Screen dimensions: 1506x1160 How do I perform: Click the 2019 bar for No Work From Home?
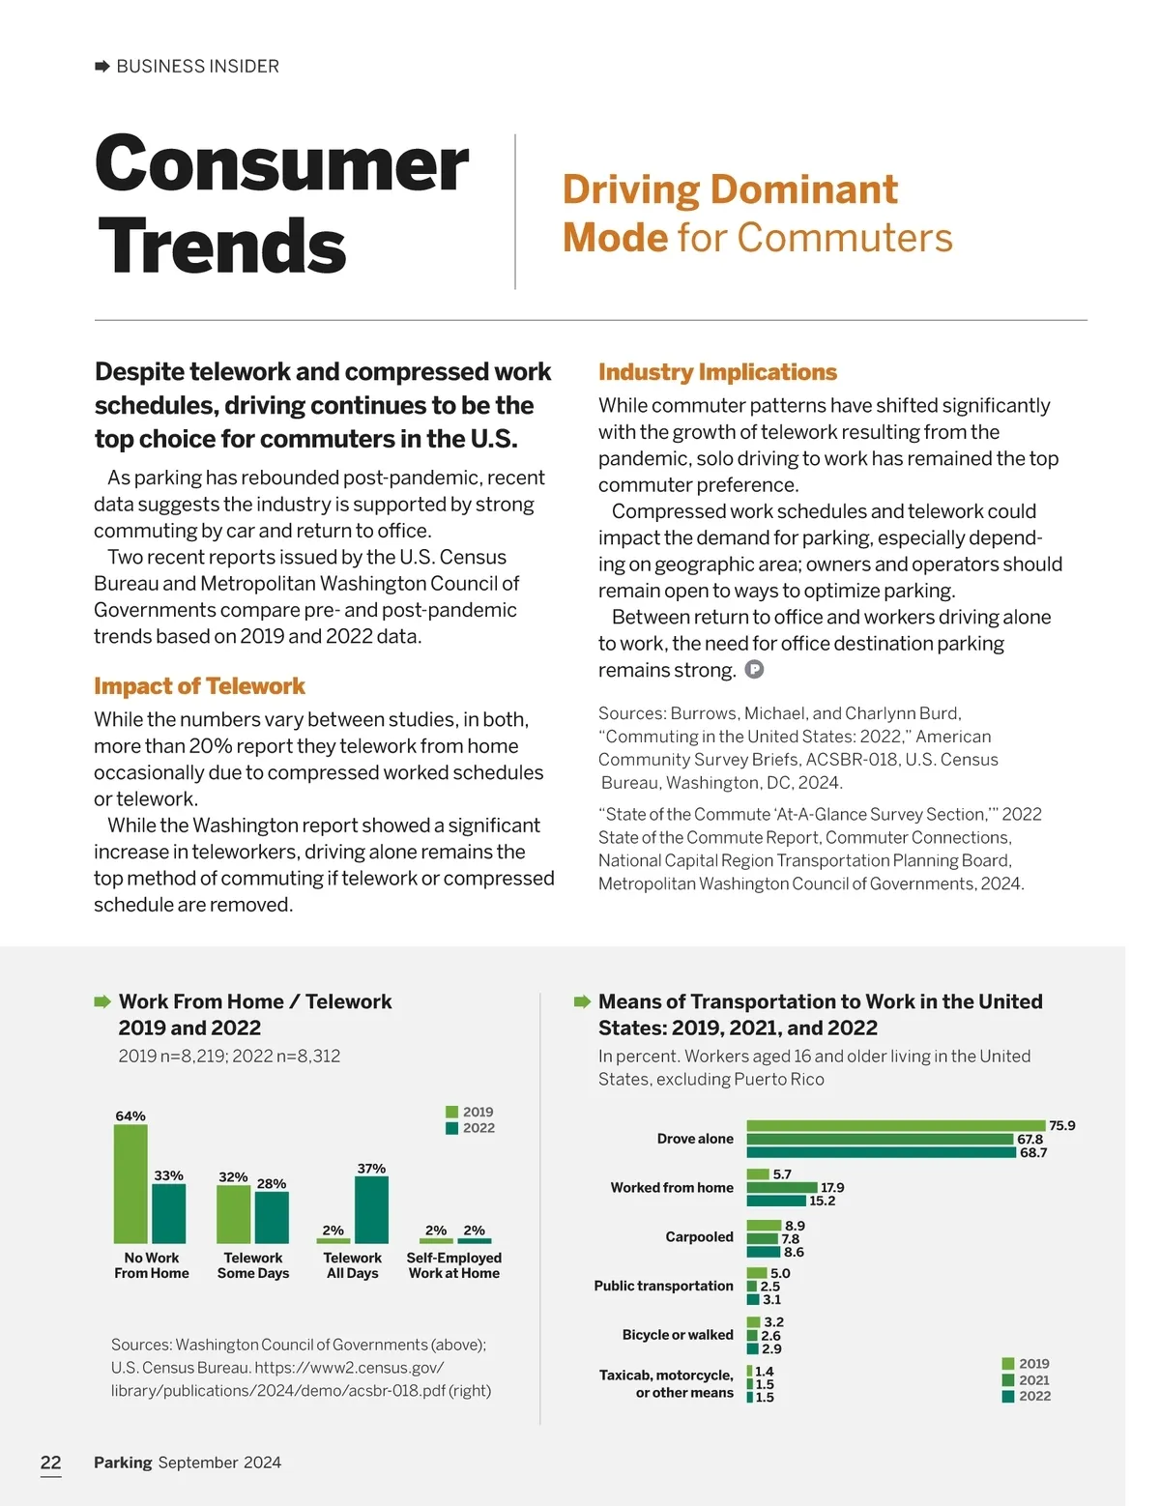(x=130, y=1184)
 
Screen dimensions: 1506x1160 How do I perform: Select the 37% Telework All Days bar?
(x=371, y=1209)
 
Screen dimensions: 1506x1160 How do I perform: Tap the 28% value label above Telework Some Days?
(x=272, y=1183)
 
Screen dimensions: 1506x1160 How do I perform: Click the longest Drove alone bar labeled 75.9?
(x=896, y=1125)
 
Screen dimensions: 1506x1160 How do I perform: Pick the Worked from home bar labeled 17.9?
(x=782, y=1187)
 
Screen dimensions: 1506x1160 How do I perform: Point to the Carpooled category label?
(x=699, y=1236)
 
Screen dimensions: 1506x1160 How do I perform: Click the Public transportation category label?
(x=663, y=1286)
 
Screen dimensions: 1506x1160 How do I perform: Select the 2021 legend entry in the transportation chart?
(x=1026, y=1380)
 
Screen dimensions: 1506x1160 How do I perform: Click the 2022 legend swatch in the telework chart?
(x=451, y=1128)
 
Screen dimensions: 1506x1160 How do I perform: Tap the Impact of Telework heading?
(x=199, y=686)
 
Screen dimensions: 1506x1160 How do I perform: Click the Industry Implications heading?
(x=717, y=372)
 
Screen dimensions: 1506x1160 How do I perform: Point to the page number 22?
(x=50, y=1463)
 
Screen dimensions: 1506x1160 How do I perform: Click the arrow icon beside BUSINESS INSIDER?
(x=102, y=67)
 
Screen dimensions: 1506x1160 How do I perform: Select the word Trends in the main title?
(x=221, y=246)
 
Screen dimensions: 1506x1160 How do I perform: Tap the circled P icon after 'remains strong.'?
(x=755, y=669)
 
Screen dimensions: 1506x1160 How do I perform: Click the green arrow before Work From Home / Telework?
(x=102, y=1001)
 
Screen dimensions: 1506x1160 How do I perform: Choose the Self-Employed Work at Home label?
(x=454, y=1265)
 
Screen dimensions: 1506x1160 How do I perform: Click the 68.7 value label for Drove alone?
(x=1033, y=1152)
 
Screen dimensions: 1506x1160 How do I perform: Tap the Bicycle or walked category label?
(x=678, y=1335)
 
